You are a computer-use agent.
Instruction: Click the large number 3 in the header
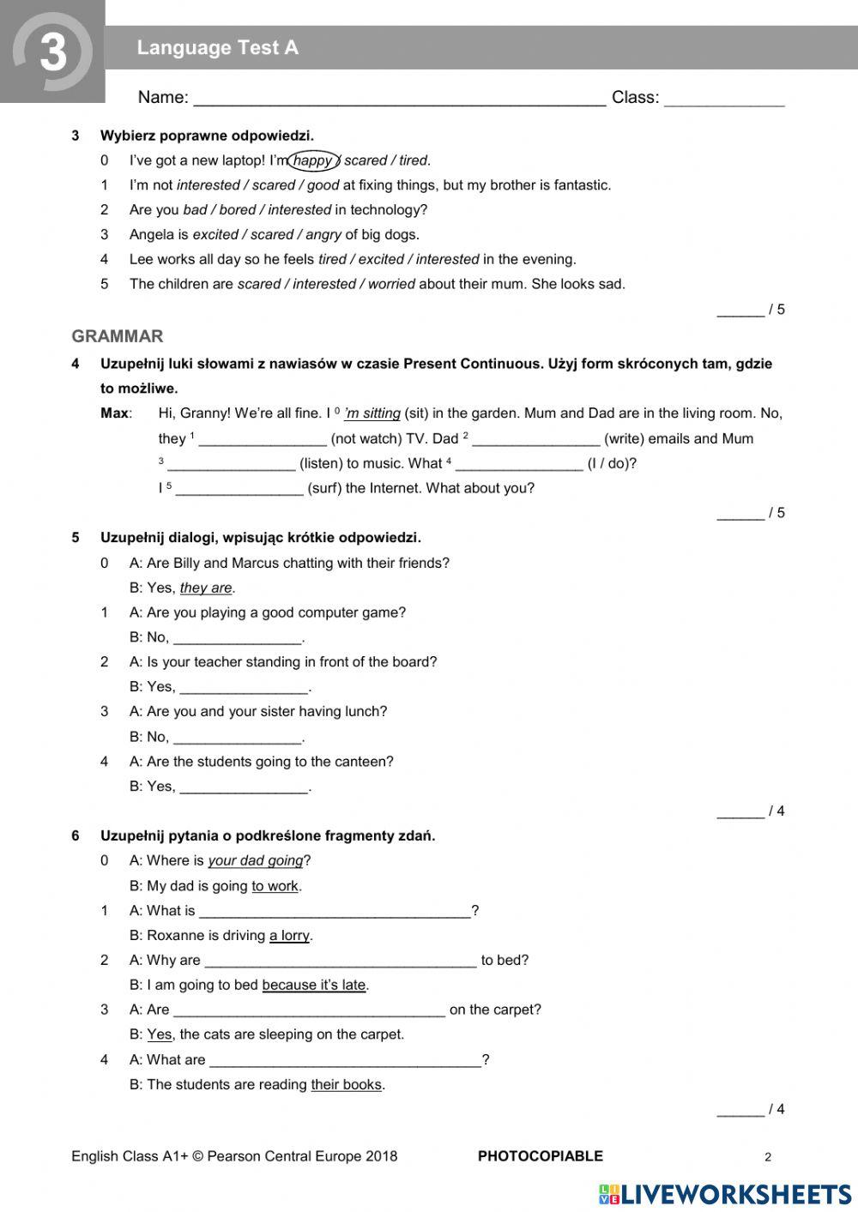click(53, 51)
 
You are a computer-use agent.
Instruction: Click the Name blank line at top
click(399, 98)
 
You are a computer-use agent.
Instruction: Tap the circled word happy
click(312, 160)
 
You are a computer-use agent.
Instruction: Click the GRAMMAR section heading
click(118, 336)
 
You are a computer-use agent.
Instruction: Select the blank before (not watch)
click(263, 439)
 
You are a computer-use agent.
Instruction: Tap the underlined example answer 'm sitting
click(372, 413)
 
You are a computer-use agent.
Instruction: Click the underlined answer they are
click(206, 588)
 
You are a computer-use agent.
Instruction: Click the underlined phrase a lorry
click(289, 936)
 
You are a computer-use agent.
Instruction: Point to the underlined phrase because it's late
click(314, 986)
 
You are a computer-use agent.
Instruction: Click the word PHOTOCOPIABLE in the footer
click(541, 1156)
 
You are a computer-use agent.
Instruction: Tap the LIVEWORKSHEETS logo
click(725, 1193)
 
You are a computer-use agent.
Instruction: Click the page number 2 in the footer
click(768, 1157)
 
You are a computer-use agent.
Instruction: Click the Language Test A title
click(218, 48)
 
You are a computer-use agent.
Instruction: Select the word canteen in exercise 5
click(364, 762)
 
